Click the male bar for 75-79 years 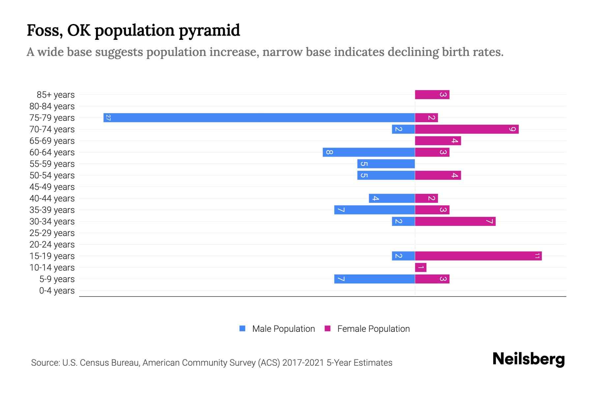pos(259,118)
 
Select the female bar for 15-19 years pos(478,256)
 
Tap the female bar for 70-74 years pos(466,129)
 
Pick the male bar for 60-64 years pos(369,152)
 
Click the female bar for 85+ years pos(432,94)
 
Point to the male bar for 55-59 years pos(386,164)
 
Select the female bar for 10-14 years pos(420,267)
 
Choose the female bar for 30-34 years pos(455,221)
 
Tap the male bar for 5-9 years pos(374,279)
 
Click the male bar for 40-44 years pos(392,198)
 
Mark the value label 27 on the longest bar pos(108,118)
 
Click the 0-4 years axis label pos(57,291)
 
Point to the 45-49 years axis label pos(52,187)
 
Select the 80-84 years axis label pos(52,106)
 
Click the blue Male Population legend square pos(242,329)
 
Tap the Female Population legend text pos(373,329)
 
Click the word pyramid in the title pos(210,30)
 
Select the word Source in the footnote pos(45,363)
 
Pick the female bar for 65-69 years pos(438,141)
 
